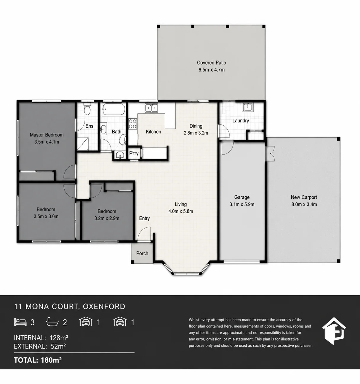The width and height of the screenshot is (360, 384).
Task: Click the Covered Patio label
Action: click(211, 63)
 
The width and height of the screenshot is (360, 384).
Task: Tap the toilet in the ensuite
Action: click(87, 109)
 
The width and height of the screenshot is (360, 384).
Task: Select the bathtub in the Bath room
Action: click(113, 109)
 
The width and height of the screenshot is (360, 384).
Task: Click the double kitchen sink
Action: click(151, 108)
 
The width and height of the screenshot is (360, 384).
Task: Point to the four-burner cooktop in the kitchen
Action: click(132, 124)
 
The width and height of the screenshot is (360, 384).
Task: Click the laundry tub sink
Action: click(248, 107)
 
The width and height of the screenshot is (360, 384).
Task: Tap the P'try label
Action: click(134, 153)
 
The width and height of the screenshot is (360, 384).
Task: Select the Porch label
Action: click(142, 253)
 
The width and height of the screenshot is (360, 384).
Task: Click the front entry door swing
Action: click(144, 234)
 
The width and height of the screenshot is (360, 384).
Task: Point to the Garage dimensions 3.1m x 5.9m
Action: click(242, 204)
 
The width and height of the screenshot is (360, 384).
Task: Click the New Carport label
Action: click(304, 197)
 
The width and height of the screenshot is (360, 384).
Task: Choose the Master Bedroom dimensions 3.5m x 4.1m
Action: click(47, 142)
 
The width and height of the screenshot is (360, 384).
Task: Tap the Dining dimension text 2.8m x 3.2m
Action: click(196, 133)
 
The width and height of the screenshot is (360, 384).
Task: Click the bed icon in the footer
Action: click(20, 322)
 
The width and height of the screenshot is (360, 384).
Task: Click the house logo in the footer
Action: click(334, 331)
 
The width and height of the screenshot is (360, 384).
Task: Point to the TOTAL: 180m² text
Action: click(38, 360)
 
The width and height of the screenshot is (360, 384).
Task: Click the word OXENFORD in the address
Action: click(104, 307)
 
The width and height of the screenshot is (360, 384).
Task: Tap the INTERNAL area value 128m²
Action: click(59, 338)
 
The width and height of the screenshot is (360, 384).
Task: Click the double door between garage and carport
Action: click(270, 154)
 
